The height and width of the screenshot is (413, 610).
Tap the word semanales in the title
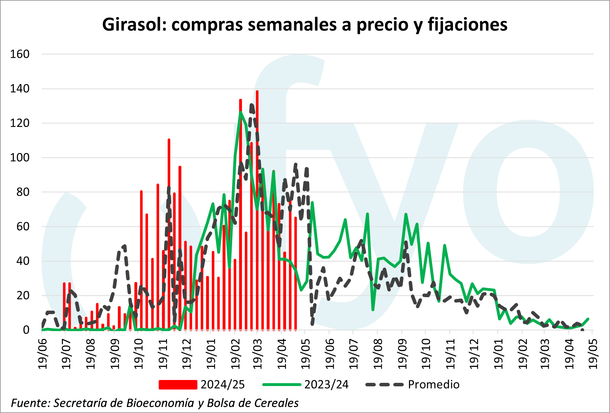pos(292,24)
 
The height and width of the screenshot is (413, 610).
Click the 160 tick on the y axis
pos(20,54)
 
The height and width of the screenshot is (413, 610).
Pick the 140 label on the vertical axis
pos(20,89)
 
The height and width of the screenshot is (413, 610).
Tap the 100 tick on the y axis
pos(20,157)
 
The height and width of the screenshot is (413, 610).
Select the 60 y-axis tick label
pos(23,226)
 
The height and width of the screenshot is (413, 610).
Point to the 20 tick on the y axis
pos(23,296)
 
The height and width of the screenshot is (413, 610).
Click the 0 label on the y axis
pos(26,330)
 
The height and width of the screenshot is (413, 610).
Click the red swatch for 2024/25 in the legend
pos(178,385)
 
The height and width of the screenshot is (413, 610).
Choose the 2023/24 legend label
pos(326,385)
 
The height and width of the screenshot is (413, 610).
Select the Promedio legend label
pos(434,385)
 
